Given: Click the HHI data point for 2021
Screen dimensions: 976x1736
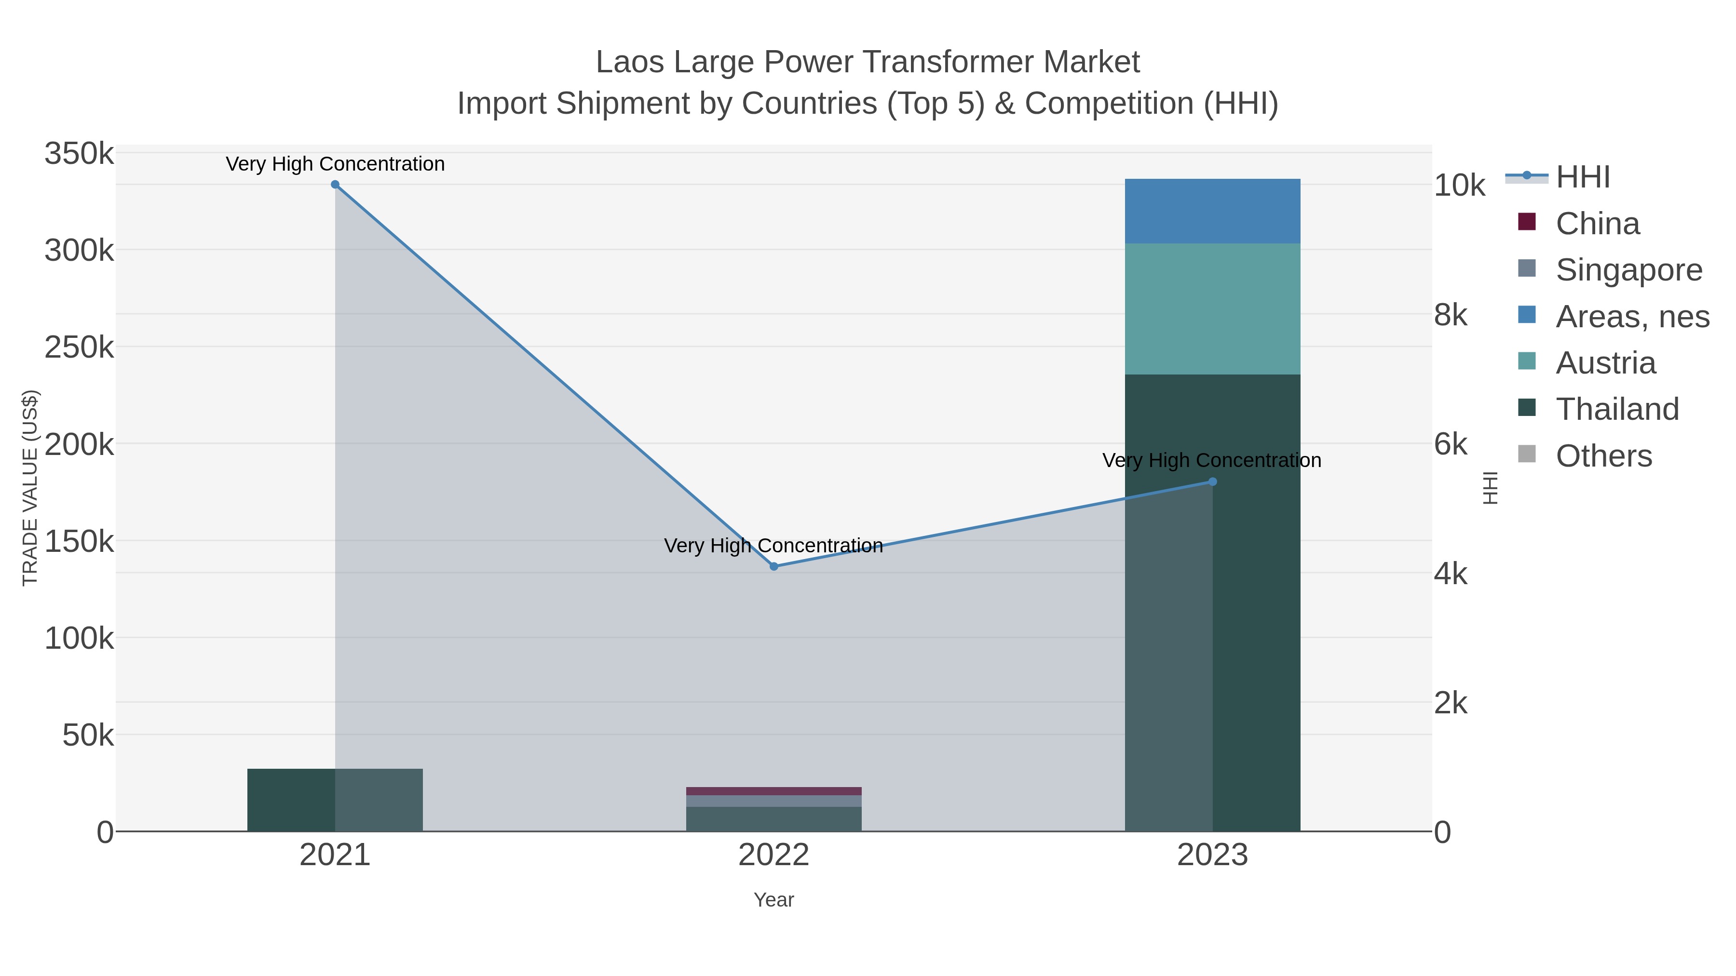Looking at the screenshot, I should tap(335, 185).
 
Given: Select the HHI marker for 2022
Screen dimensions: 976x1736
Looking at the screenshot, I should tap(773, 566).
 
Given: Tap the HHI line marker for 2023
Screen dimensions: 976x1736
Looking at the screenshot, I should tap(1212, 481).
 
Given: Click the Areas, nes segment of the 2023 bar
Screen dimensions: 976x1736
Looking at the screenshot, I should tap(1212, 211).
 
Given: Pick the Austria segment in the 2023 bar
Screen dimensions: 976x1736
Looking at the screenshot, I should tap(1212, 308).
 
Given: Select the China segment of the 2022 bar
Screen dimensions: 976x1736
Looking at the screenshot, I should tap(773, 791).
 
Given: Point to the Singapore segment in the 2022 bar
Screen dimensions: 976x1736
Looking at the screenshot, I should tap(773, 801).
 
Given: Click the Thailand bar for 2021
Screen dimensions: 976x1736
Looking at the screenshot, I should tap(290, 800).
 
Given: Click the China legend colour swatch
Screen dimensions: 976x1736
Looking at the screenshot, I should tap(1526, 222).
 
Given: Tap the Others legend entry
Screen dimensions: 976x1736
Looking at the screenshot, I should tap(1603, 456).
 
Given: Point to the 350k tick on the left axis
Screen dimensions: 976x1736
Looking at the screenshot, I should tap(79, 154).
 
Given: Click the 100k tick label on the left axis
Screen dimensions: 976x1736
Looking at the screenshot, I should tap(79, 638).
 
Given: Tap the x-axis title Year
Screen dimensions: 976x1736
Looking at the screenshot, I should tap(773, 900).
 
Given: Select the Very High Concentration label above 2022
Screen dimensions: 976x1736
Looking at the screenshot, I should tap(773, 545).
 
